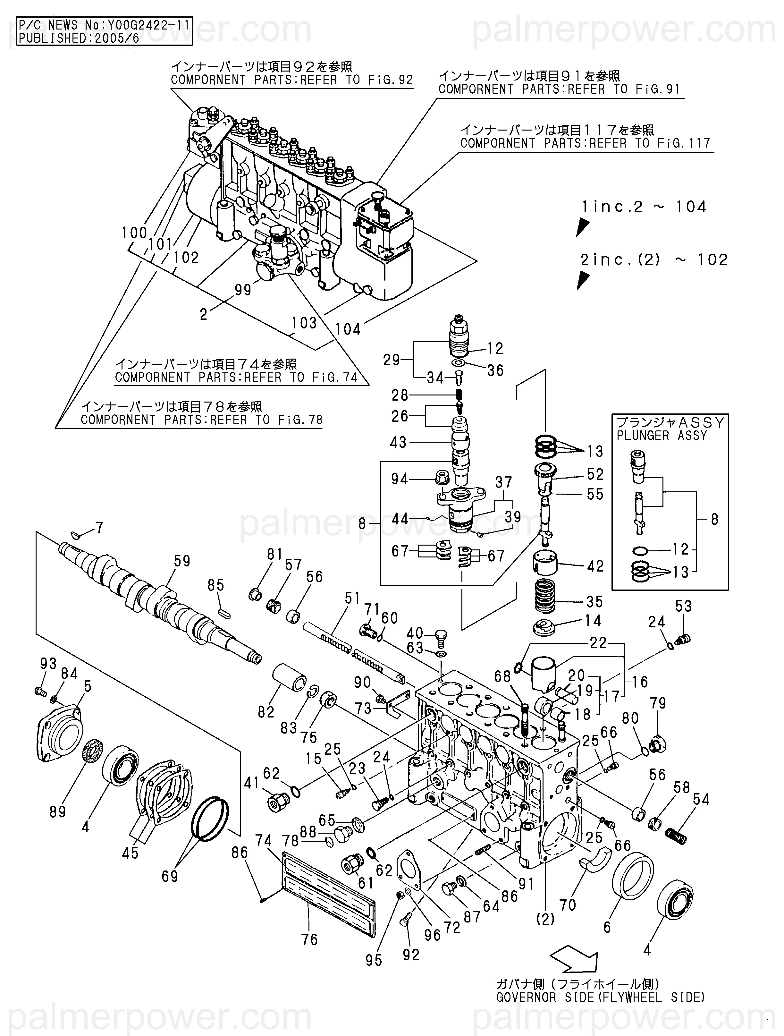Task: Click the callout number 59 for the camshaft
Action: tap(182, 561)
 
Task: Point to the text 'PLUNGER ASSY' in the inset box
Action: tap(661, 436)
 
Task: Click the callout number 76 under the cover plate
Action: tap(309, 939)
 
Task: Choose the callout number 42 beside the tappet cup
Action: tap(595, 566)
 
